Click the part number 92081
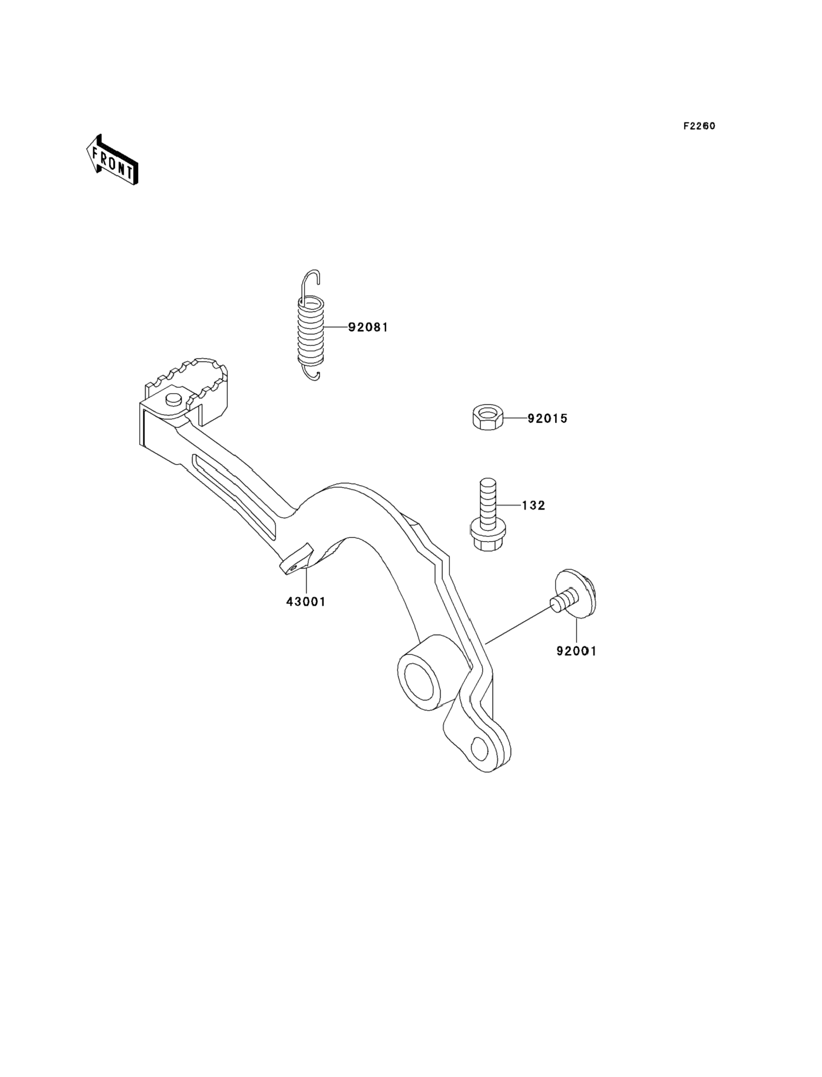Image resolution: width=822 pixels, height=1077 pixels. coord(368,327)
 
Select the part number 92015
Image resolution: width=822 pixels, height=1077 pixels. coord(547,419)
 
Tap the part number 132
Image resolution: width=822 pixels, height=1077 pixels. coord(533,505)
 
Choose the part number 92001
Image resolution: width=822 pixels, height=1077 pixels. coord(576,651)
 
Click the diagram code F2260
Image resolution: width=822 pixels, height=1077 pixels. coord(699,126)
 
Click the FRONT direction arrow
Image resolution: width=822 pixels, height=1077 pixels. coord(112,160)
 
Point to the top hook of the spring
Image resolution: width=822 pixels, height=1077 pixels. coord(310,283)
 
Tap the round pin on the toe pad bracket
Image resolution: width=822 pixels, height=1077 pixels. coord(174,399)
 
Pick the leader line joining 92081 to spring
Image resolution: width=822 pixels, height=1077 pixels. coord(336,326)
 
